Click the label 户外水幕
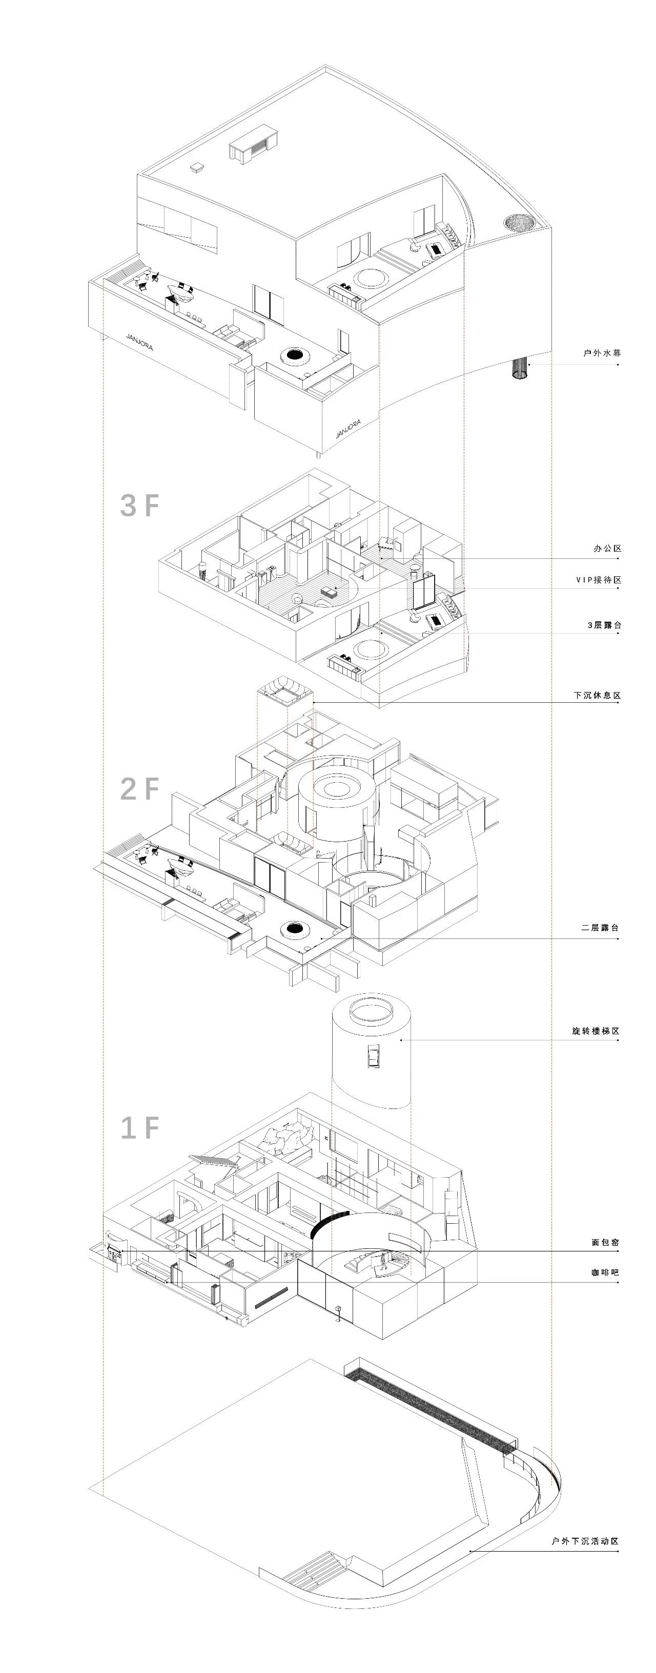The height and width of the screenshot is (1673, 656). (x=602, y=354)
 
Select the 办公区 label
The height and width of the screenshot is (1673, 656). (x=607, y=549)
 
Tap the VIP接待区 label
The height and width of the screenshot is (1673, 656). (x=598, y=580)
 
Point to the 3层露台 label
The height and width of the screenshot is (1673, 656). (x=603, y=625)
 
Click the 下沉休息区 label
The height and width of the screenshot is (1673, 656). (x=597, y=696)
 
